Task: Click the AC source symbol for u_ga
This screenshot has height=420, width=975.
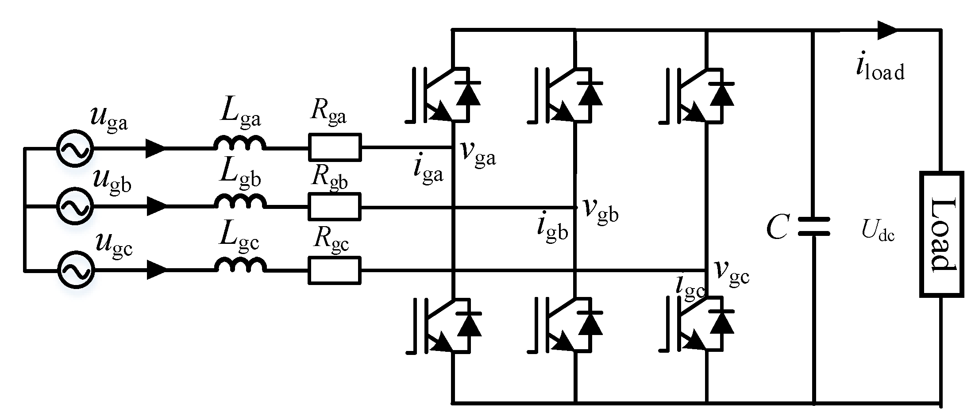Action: coord(75,149)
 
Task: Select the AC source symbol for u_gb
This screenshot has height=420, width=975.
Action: coord(75,206)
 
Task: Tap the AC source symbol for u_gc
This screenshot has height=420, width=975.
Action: coord(75,270)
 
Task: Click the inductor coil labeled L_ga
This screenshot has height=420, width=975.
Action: coord(240,144)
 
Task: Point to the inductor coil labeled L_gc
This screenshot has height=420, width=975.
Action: coord(241,265)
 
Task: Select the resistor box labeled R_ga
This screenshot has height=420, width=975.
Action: coord(335,147)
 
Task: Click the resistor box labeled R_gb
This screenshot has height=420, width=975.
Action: coord(335,207)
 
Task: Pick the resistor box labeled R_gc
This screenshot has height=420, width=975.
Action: coord(335,270)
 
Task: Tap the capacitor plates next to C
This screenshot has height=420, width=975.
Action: coord(813,227)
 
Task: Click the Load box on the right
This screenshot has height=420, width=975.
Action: coord(942,234)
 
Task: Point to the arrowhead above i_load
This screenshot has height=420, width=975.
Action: coord(886,30)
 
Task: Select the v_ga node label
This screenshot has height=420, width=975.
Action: coord(478,153)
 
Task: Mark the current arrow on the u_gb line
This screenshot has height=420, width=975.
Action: coord(156,206)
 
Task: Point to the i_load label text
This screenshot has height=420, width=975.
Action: coord(879,70)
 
